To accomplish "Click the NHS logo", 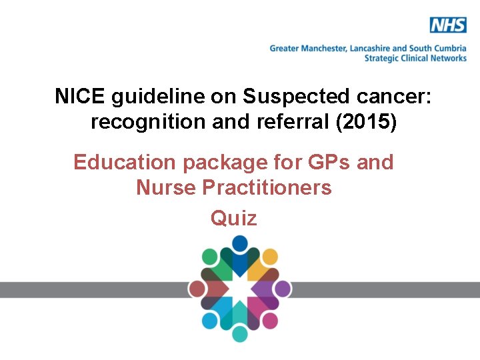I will (x=448, y=26).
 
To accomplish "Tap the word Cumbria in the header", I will (x=449, y=49).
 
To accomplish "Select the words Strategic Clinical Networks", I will (x=415, y=58).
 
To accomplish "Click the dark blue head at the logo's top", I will (x=240, y=244).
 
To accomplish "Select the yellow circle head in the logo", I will (x=270, y=257).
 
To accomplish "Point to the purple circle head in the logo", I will (x=283, y=289).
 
